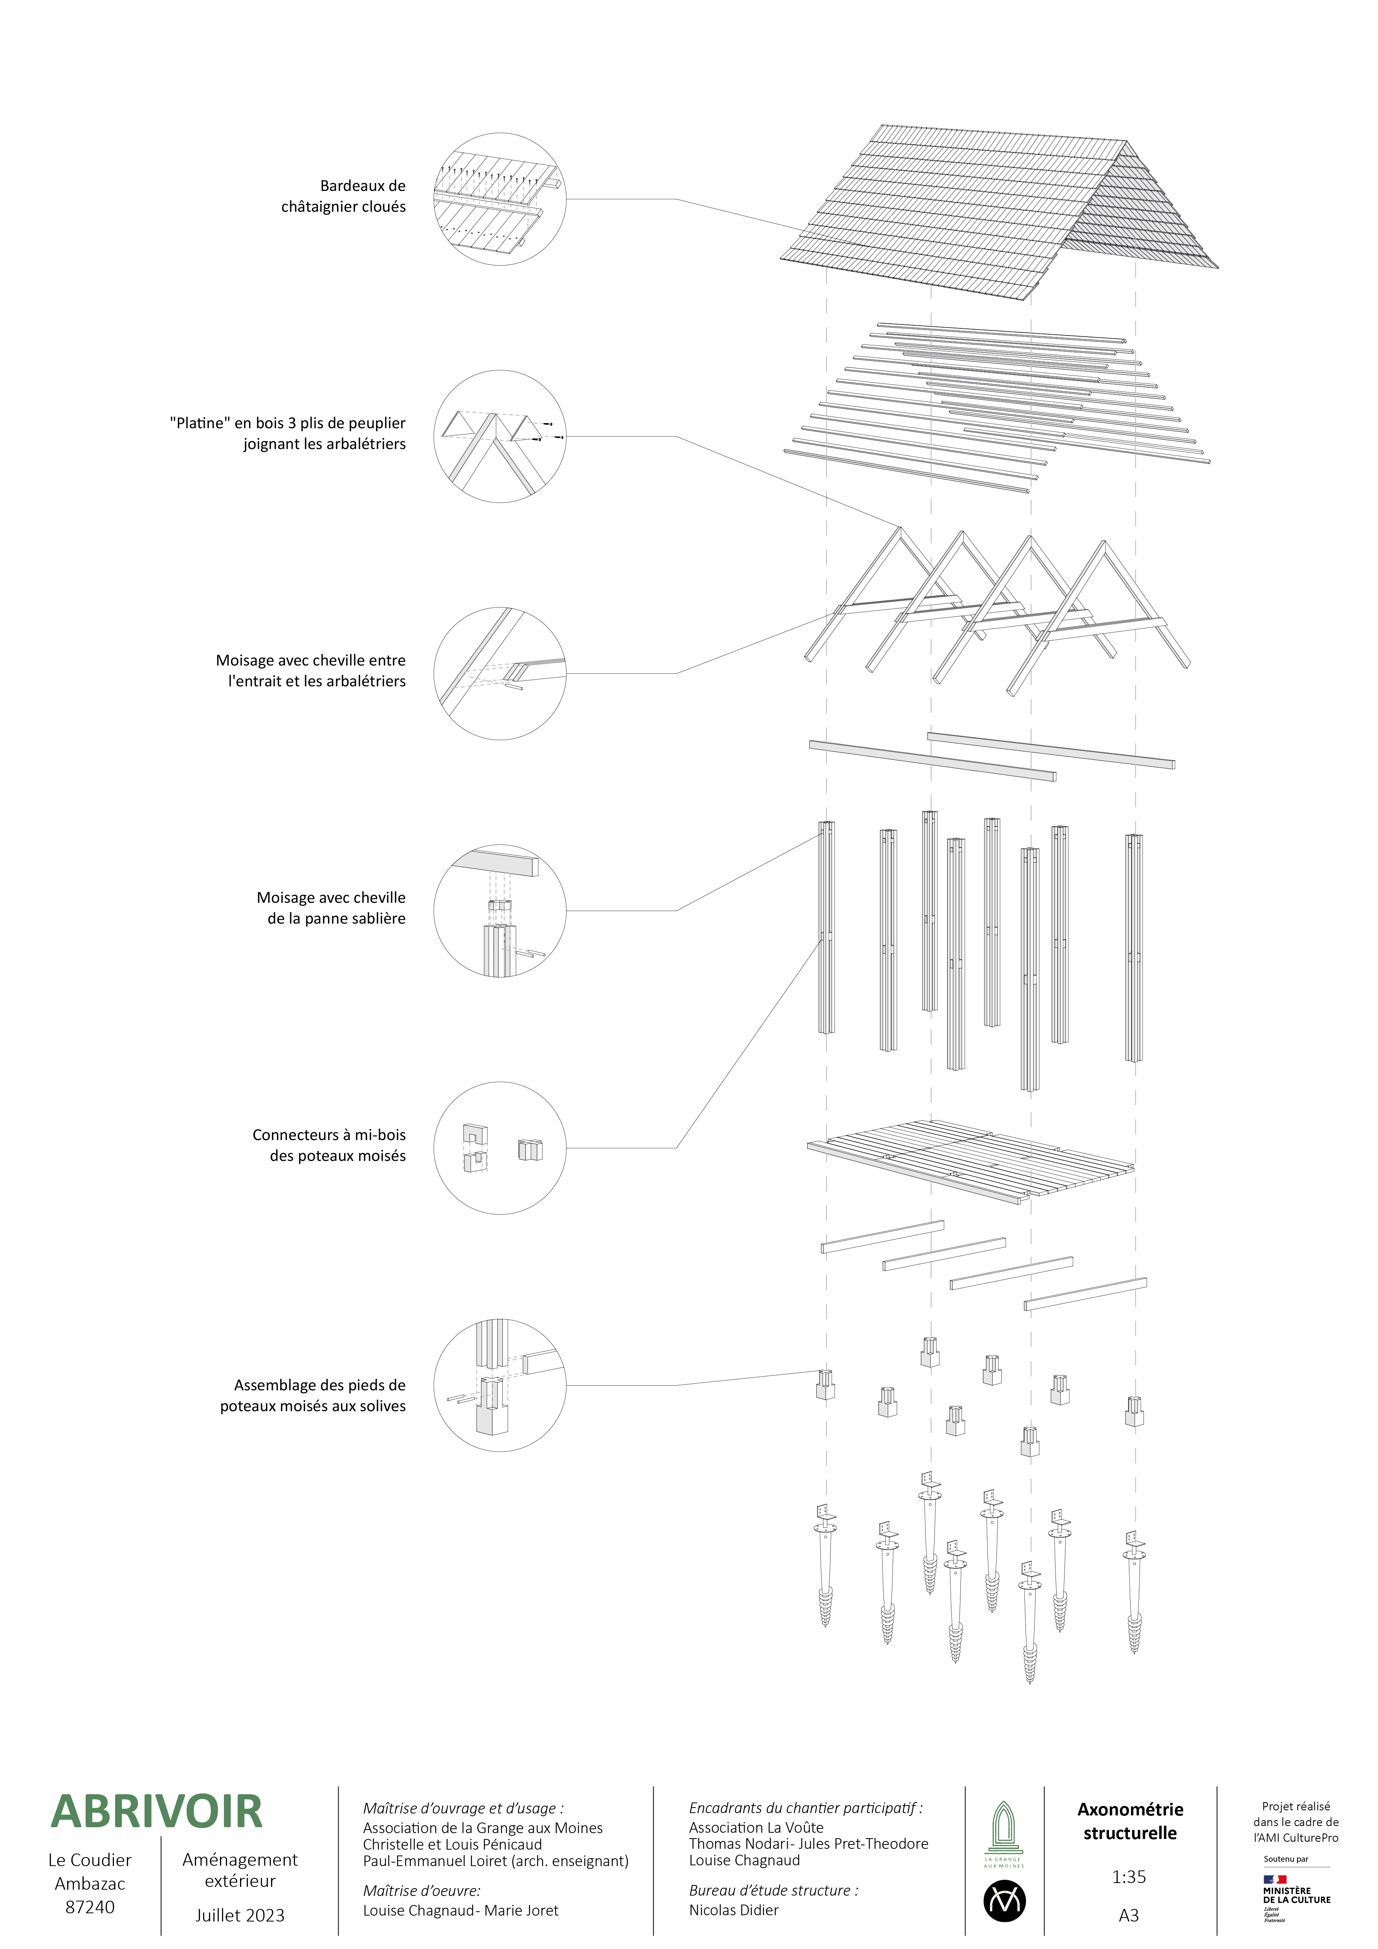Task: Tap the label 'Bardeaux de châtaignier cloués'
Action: pos(344,196)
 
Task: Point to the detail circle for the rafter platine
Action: pos(500,436)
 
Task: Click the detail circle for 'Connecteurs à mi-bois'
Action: pos(500,1148)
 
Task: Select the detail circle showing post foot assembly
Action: pos(500,1385)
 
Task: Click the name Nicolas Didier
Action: pos(734,1910)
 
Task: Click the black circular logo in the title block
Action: pos(1005,1901)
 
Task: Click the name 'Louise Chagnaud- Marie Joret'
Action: pos(461,1910)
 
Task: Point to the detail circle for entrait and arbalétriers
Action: pos(500,673)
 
